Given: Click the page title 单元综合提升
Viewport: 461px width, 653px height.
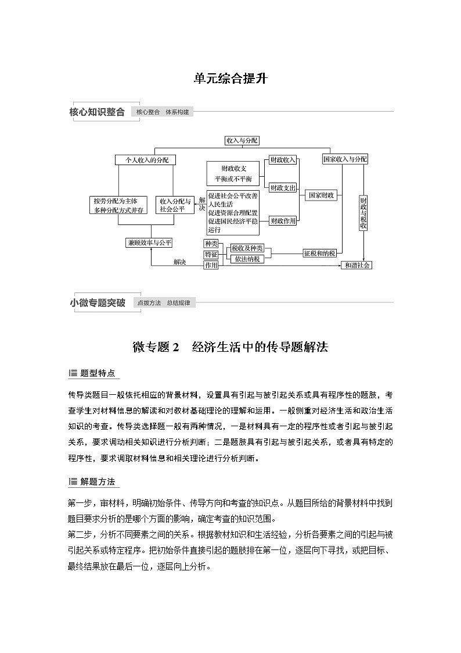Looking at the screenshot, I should pyautogui.click(x=230, y=78).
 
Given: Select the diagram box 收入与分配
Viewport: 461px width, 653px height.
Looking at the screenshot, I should pyautogui.click(x=242, y=140).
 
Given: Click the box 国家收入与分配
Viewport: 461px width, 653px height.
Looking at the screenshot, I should pyautogui.click(x=345, y=159).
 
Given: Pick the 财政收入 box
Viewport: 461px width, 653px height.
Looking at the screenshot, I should pyautogui.click(x=283, y=159).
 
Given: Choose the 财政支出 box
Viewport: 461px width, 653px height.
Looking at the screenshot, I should pyautogui.click(x=283, y=187).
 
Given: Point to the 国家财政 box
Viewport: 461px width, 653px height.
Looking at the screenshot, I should pyautogui.click(x=322, y=195).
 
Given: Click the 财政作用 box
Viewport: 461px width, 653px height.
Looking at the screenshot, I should pyautogui.click(x=283, y=220).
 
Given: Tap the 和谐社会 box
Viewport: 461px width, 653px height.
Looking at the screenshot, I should pyautogui.click(x=356, y=265).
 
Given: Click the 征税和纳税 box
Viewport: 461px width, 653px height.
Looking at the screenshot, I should pyautogui.click(x=319, y=253).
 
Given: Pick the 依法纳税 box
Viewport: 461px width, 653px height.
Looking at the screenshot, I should pyautogui.click(x=247, y=259).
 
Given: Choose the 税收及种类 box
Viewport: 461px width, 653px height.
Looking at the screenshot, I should pyautogui.click(x=247, y=248).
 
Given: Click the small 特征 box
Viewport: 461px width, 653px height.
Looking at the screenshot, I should pyautogui.click(x=211, y=255).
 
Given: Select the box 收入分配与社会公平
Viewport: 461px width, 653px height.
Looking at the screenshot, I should pyautogui.click(x=175, y=205).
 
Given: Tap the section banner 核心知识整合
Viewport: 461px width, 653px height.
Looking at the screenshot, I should pyautogui.click(x=98, y=112).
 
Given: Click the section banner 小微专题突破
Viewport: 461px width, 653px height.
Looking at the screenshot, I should pyautogui.click(x=98, y=303).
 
